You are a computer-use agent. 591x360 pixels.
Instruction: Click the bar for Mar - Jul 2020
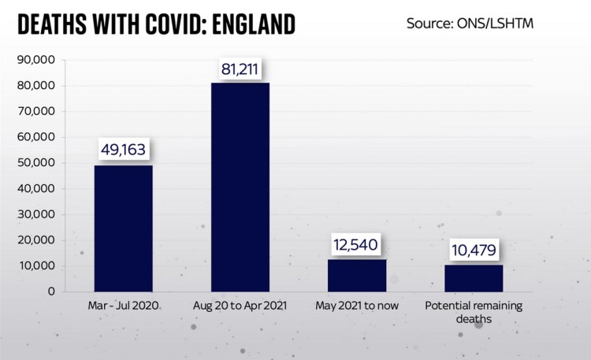click(x=124, y=228)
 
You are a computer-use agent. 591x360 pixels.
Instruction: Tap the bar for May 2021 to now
click(x=357, y=275)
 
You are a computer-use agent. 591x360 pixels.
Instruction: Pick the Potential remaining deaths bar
click(x=474, y=277)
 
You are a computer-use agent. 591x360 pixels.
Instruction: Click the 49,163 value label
click(x=124, y=149)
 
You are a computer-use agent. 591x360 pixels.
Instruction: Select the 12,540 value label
click(x=357, y=244)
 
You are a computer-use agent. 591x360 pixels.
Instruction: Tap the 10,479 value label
click(x=474, y=250)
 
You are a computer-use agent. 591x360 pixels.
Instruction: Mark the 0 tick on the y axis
click(x=50, y=291)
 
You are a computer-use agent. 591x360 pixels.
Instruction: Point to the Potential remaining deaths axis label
click(x=474, y=312)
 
